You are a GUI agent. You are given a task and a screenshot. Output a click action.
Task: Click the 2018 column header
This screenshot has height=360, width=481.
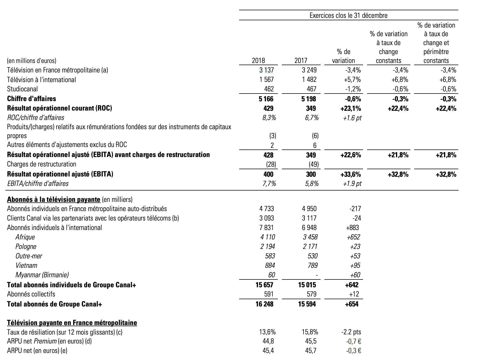[x=258, y=61]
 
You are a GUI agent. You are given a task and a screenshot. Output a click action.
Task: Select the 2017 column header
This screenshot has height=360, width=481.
[x=301, y=61]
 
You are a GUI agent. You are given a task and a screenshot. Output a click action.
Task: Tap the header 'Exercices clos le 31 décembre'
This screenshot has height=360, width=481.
[x=348, y=15]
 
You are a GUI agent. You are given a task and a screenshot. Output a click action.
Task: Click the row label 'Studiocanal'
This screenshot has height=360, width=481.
[x=22, y=89]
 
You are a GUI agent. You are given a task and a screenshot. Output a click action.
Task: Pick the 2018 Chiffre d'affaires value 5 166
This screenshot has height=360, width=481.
[x=266, y=99]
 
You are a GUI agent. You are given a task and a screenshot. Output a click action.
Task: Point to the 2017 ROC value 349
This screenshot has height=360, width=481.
[x=311, y=108]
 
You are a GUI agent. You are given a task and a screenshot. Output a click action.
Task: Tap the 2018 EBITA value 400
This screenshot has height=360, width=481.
[x=268, y=174]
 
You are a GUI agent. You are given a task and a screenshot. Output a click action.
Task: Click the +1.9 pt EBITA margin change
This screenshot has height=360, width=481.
[x=352, y=184]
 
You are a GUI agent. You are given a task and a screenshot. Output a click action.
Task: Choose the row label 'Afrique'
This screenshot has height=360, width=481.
[x=25, y=237]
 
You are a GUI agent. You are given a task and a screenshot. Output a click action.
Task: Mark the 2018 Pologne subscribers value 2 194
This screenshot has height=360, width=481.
[x=267, y=246]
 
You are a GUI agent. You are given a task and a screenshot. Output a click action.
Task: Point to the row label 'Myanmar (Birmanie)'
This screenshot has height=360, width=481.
[x=42, y=275]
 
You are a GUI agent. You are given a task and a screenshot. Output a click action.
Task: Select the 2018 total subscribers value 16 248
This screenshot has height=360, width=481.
[x=264, y=304]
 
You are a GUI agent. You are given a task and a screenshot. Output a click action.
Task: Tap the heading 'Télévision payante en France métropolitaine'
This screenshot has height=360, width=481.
[x=72, y=323]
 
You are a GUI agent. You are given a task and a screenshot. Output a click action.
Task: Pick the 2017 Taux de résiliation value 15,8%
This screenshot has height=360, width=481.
[x=310, y=332]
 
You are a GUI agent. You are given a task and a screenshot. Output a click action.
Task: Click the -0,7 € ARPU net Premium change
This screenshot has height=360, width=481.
[x=353, y=341]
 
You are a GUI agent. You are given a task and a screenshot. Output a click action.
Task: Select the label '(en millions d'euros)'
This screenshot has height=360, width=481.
[x=32, y=61]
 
